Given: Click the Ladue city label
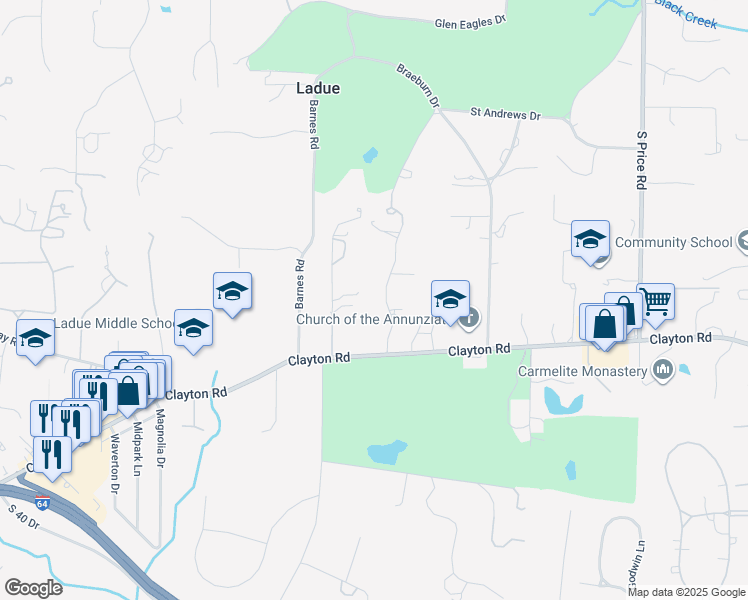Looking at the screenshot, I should [x=318, y=88].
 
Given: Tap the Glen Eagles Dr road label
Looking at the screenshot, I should [x=471, y=23].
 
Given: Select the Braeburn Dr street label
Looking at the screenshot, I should [x=418, y=86].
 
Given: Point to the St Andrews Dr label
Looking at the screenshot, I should [x=505, y=115].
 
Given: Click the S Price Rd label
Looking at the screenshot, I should [x=642, y=160].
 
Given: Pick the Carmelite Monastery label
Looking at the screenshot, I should [x=583, y=371].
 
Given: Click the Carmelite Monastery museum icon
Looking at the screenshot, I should [x=662, y=371].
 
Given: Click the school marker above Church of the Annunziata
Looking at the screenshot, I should [x=450, y=299].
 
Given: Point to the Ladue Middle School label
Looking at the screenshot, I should [x=114, y=323].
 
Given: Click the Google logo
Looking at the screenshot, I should [x=33, y=588].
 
